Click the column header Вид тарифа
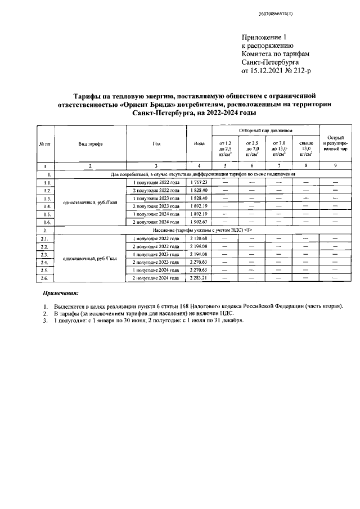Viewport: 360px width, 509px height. (x=90, y=143)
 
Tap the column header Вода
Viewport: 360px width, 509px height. (x=199, y=143)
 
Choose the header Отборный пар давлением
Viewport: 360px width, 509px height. (x=265, y=130)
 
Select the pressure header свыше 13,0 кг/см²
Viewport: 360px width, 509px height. (x=305, y=150)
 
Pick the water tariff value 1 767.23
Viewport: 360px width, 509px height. (x=199, y=182)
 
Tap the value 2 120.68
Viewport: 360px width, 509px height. (x=199, y=238)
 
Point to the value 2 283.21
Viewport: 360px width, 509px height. (x=199, y=278)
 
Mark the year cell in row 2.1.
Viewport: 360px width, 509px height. (x=156, y=238)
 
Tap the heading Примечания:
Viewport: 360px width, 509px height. (x=61, y=294)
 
